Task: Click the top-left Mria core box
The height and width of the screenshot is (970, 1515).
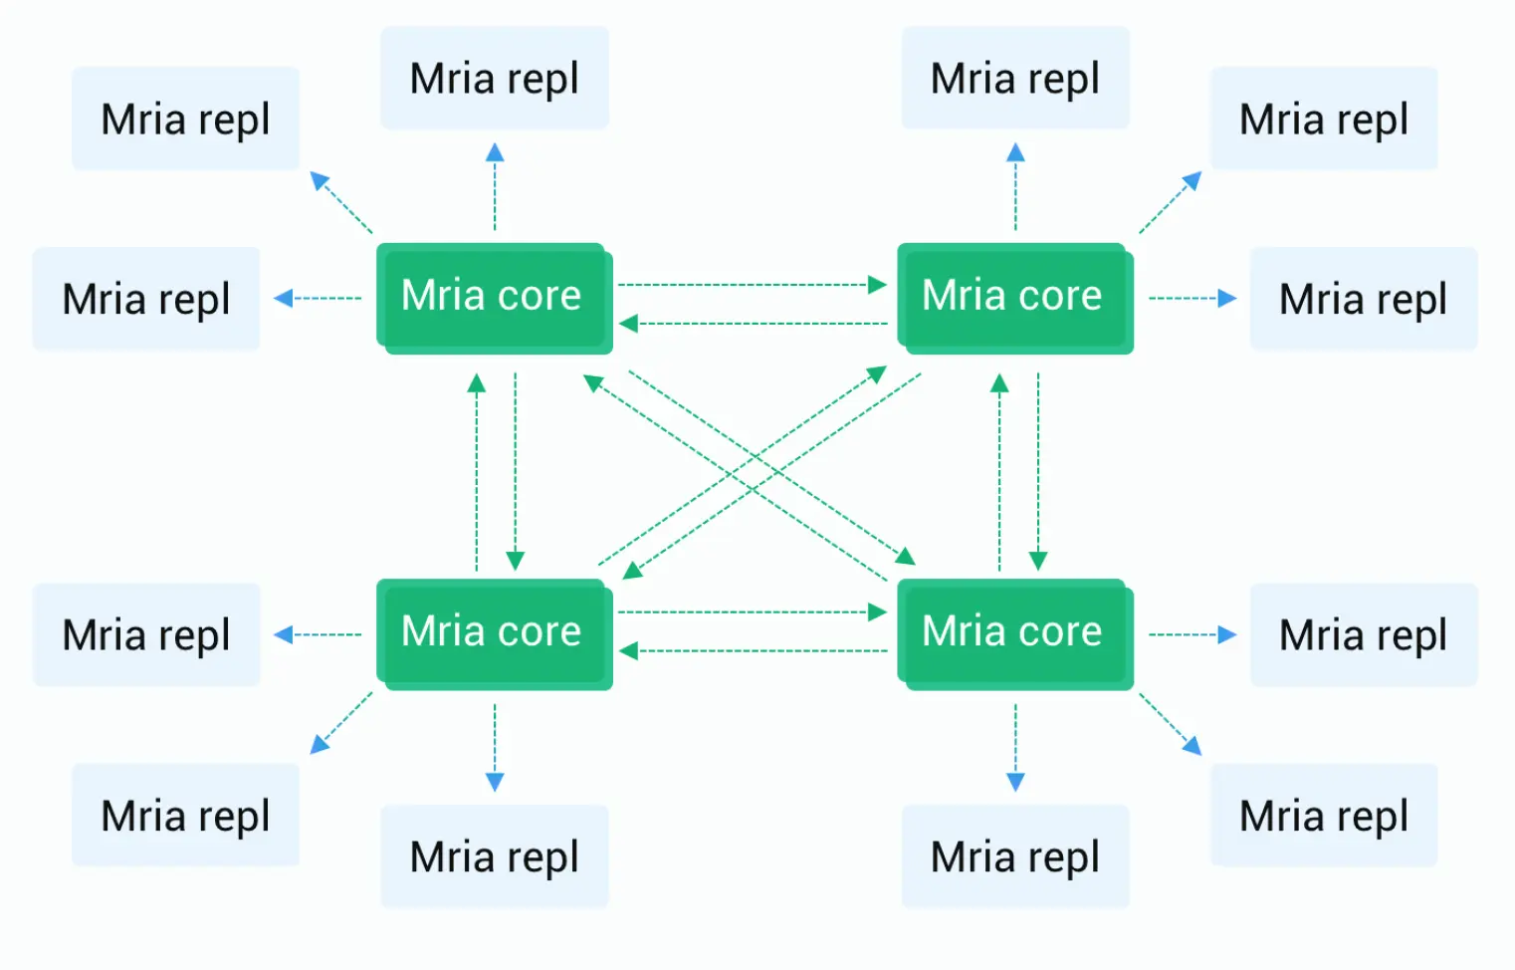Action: tap(494, 297)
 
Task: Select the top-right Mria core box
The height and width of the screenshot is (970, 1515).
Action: tap(1014, 297)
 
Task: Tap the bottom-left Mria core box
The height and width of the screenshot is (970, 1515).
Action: tap(494, 633)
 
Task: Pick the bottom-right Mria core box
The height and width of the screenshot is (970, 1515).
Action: tap(1014, 633)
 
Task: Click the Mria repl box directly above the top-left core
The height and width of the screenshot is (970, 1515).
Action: tap(494, 78)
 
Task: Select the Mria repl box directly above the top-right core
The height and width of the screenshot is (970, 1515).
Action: tap(1014, 78)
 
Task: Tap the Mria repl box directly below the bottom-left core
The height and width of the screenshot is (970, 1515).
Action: tap(494, 855)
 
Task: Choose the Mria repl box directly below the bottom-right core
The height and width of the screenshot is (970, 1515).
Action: tap(1014, 855)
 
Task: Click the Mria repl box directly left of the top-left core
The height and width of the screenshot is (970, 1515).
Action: tap(146, 298)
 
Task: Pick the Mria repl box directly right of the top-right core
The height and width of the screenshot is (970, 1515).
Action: tap(1363, 298)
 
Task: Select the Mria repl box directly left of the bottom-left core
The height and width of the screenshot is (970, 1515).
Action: tap(146, 634)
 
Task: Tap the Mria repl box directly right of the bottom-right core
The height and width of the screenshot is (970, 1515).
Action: tap(1363, 634)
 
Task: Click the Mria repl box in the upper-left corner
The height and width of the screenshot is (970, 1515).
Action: tap(185, 119)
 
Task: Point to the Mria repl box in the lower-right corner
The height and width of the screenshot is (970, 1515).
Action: tap(1323, 815)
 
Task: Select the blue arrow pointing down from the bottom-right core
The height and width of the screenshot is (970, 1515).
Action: tap(1015, 747)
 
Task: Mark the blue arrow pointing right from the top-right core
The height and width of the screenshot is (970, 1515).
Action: tap(1192, 298)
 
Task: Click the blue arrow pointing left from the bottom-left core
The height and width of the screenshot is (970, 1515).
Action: tap(318, 634)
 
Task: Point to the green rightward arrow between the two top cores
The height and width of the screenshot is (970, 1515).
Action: tap(752, 285)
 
